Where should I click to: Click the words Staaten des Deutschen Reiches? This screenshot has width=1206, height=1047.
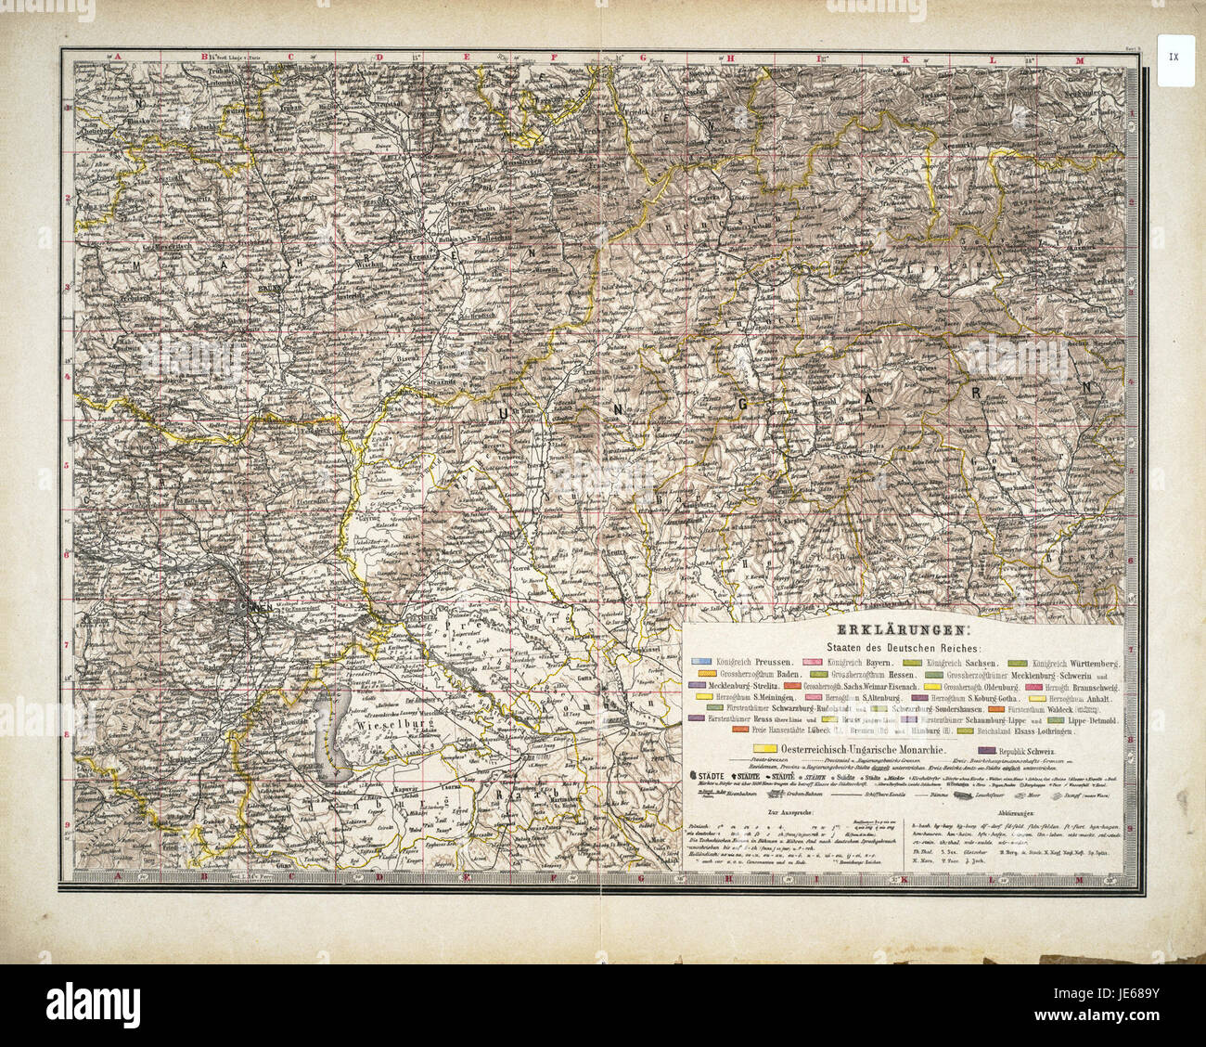click(904, 647)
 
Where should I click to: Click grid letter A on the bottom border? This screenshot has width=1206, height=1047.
click(118, 875)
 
